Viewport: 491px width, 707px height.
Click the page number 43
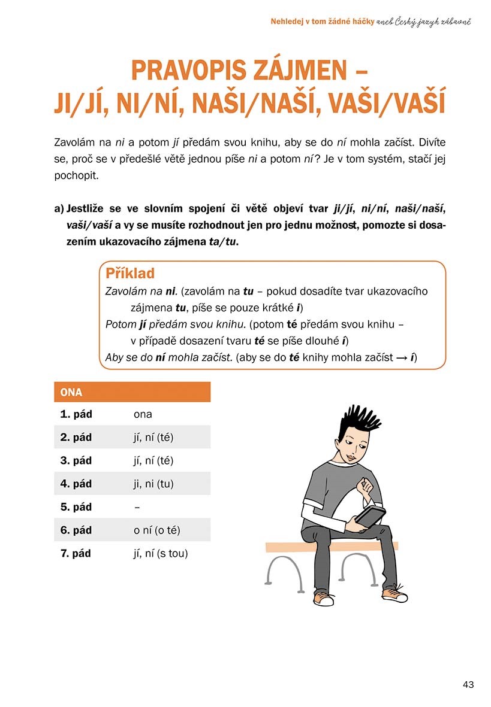click(x=468, y=684)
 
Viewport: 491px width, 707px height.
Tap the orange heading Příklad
click(x=130, y=274)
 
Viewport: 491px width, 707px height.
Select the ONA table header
click(x=72, y=393)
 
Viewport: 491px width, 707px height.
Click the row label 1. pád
click(x=76, y=414)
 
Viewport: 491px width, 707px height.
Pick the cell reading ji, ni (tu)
click(x=153, y=484)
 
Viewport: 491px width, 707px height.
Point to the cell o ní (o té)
click(x=157, y=530)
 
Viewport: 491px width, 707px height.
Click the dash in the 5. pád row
click(x=137, y=507)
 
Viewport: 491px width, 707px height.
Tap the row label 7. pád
click(x=76, y=554)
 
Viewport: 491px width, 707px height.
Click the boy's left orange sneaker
click(x=323, y=599)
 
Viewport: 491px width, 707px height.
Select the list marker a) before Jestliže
click(x=59, y=209)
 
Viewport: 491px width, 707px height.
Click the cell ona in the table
click(x=143, y=414)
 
